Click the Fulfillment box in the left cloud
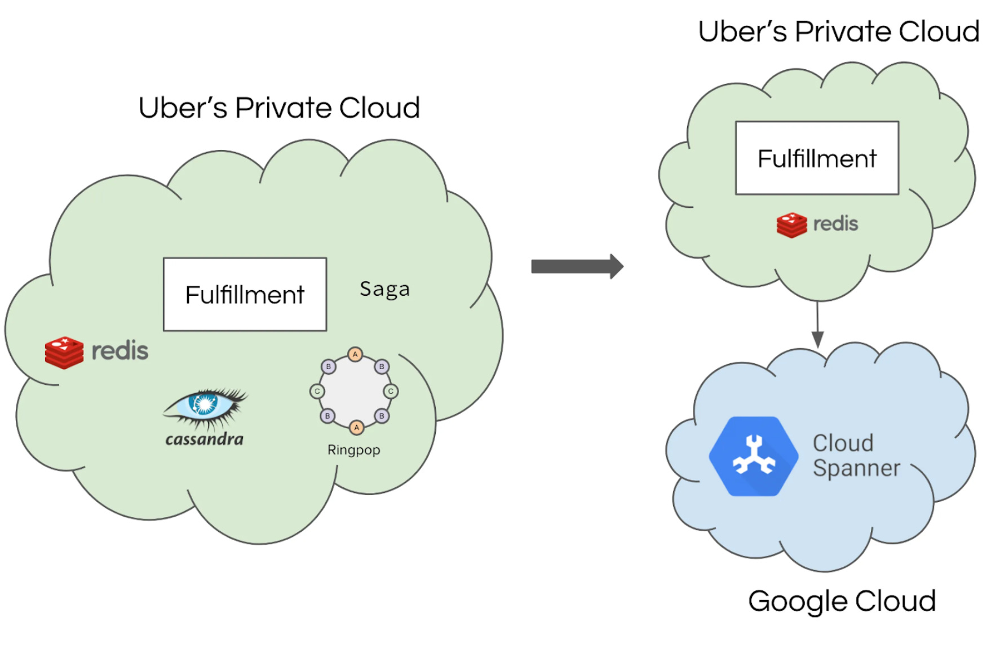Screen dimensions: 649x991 [245, 294]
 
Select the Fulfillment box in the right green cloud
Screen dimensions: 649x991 [816, 158]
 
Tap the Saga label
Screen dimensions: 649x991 [384, 289]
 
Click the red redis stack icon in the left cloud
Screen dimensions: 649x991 [64, 352]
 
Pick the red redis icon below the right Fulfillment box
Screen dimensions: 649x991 [791, 225]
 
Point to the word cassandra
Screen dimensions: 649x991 [204, 439]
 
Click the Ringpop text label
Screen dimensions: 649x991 [353, 450]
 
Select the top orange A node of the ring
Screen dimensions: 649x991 [355, 354]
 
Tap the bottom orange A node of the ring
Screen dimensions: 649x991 [356, 428]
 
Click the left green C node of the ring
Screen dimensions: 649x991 [317, 391]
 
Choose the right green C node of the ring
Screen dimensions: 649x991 [391, 391]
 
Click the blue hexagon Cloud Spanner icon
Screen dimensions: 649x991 [753, 456]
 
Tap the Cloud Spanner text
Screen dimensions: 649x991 [856, 456]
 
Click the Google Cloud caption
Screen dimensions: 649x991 [842, 601]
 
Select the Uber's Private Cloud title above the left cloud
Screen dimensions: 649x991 [279, 108]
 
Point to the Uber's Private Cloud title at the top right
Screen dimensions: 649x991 [838, 32]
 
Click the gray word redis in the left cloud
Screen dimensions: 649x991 [120, 351]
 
